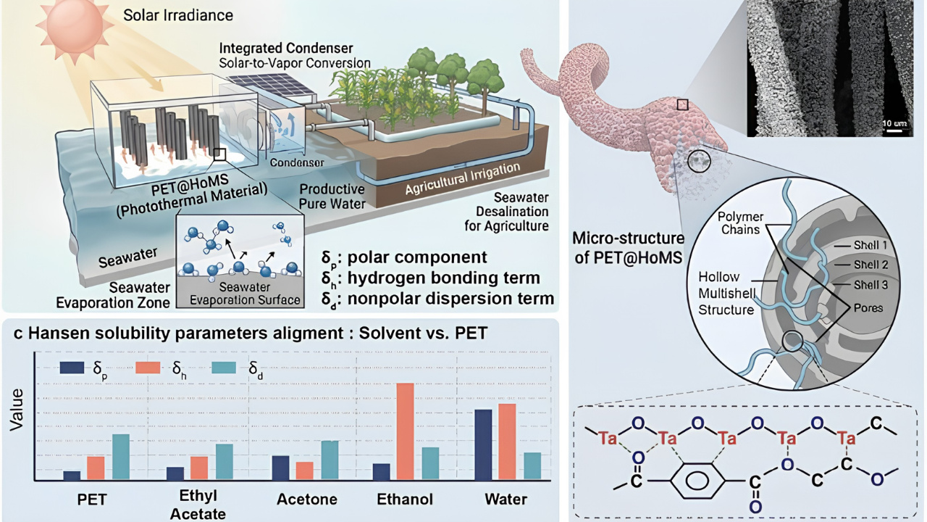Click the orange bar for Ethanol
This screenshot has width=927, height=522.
coord(405,431)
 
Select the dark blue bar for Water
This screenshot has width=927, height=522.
coord(483,444)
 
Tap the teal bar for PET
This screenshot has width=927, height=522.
coord(121,457)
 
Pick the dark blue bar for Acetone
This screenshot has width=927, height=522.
coord(280,468)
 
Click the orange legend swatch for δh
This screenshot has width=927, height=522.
coord(148,368)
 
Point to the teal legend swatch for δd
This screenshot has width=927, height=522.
coord(224,368)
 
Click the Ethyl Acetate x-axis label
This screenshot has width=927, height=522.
coord(198,505)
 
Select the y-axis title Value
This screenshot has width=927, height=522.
coord(17,410)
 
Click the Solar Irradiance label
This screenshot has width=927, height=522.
coord(178,15)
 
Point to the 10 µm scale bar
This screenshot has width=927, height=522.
coord(894,130)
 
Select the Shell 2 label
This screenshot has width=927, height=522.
coord(871,265)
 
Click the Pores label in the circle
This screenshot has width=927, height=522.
coord(868,308)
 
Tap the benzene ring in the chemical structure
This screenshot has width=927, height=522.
coord(697,481)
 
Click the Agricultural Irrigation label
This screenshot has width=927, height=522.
coord(463,179)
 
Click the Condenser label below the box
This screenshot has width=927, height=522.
coord(297,162)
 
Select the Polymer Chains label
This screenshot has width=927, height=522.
coord(741,223)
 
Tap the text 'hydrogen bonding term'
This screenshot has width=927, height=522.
coord(444,278)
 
